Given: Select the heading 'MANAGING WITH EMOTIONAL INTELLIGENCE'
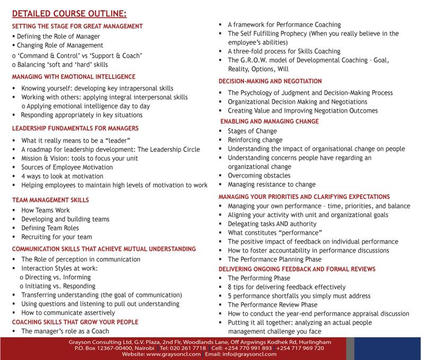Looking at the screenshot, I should tap(74, 77).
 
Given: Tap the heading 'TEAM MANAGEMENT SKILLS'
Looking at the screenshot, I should tap(50, 200).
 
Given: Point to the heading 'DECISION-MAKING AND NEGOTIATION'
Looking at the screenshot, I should tap(270, 81).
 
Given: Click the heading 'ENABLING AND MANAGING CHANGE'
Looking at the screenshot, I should tap(270, 121).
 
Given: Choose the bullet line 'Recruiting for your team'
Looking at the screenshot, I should tap(56, 237).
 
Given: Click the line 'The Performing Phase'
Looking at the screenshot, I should tap(259, 278).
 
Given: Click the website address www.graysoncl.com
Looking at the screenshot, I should tap(174, 354).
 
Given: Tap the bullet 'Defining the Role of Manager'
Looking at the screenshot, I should tap(58, 37).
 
